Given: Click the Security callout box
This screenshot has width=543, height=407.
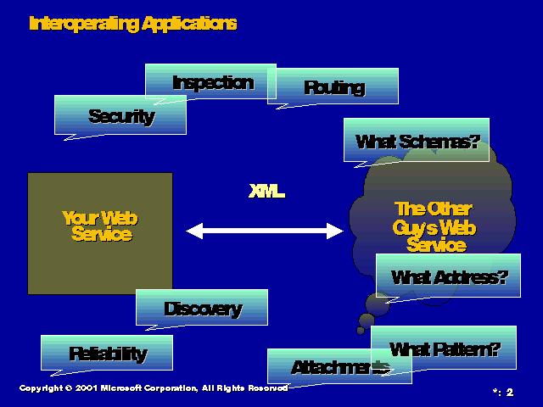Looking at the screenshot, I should point(120,115).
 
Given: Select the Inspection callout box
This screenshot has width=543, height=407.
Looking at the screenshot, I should point(212,82).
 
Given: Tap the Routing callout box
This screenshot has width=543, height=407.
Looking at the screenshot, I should point(333,86).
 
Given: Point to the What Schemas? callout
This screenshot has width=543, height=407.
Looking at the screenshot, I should point(417,141).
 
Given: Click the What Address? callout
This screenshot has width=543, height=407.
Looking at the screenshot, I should point(447,276).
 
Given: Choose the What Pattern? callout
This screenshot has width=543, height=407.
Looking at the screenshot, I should point(445,348).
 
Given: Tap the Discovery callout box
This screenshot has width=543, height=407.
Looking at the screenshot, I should point(202,309).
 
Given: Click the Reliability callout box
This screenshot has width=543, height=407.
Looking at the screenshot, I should point(107,353).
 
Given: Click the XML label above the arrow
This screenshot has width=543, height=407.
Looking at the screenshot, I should point(266,192).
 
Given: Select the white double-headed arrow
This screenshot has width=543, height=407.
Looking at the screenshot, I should point(264,230).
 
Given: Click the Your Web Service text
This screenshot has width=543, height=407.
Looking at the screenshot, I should point(99,226).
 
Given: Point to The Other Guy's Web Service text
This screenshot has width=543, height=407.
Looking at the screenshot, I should point(434,227).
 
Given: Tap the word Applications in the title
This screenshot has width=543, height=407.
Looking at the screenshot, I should point(188,23).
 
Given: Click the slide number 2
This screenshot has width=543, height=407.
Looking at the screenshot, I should point(510,392).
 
